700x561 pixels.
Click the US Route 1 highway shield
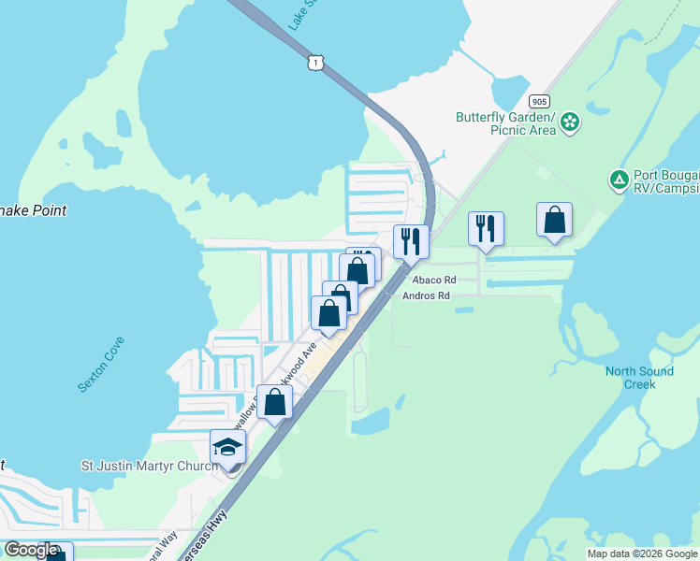tap(316, 62)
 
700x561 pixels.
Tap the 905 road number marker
tap(538, 101)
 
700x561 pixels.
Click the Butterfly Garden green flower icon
tap(570, 122)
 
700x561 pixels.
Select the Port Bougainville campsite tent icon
tap(618, 179)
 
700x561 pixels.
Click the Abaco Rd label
tap(430, 280)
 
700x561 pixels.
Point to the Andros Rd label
tap(426, 296)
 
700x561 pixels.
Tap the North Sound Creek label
tap(639, 378)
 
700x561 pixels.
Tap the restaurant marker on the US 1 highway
tap(411, 240)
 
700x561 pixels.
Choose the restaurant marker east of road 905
tap(486, 228)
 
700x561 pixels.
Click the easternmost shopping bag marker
tap(554, 220)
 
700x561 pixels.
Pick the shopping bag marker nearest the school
tap(275, 402)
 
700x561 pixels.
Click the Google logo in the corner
tap(31, 550)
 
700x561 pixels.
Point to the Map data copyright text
tap(642, 554)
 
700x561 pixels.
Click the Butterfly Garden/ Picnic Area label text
tap(505, 123)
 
